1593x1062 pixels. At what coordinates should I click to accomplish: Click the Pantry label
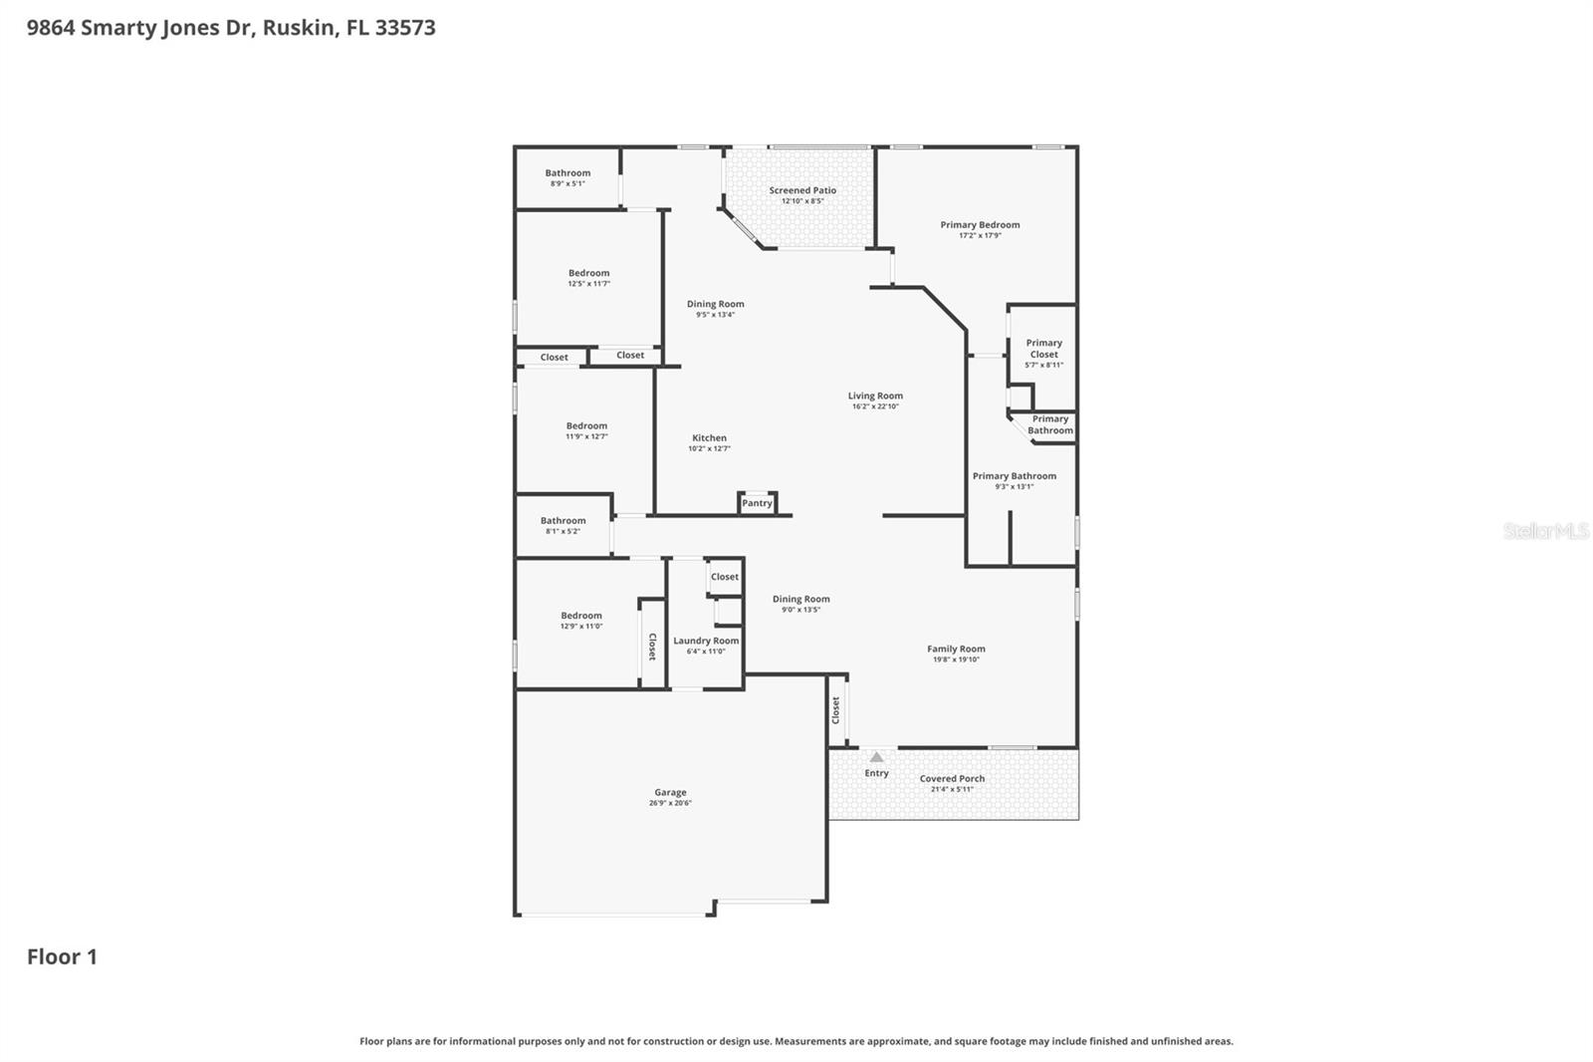point(757,503)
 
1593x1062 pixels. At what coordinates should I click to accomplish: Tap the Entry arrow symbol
point(876,757)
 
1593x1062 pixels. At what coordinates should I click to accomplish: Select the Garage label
point(670,793)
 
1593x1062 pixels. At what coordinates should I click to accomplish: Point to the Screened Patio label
point(802,190)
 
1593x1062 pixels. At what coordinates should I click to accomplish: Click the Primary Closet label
point(1043,349)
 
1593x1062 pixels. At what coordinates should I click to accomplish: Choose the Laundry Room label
point(706,641)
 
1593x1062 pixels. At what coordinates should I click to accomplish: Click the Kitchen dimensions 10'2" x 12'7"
point(709,449)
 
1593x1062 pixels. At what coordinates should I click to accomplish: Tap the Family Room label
point(956,649)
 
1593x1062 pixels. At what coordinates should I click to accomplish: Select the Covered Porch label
point(952,779)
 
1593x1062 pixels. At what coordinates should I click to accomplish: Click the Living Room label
point(875,396)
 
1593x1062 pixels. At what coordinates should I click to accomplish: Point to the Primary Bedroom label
point(980,225)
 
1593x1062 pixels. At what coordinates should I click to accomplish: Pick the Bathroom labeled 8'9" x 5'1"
point(568,173)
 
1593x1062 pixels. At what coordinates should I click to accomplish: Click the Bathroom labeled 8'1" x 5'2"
point(563,521)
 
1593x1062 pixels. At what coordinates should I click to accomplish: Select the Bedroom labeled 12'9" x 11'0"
point(581,616)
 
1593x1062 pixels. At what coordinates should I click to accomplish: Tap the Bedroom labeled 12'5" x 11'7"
point(588,273)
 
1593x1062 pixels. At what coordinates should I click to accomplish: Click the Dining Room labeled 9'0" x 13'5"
point(800,599)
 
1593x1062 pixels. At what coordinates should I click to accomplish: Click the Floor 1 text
point(62,956)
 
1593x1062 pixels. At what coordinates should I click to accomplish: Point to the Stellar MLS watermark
point(1545,531)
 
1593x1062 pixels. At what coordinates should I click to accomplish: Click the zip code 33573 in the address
point(405,27)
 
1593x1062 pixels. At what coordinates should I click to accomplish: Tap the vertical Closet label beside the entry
point(836,710)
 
